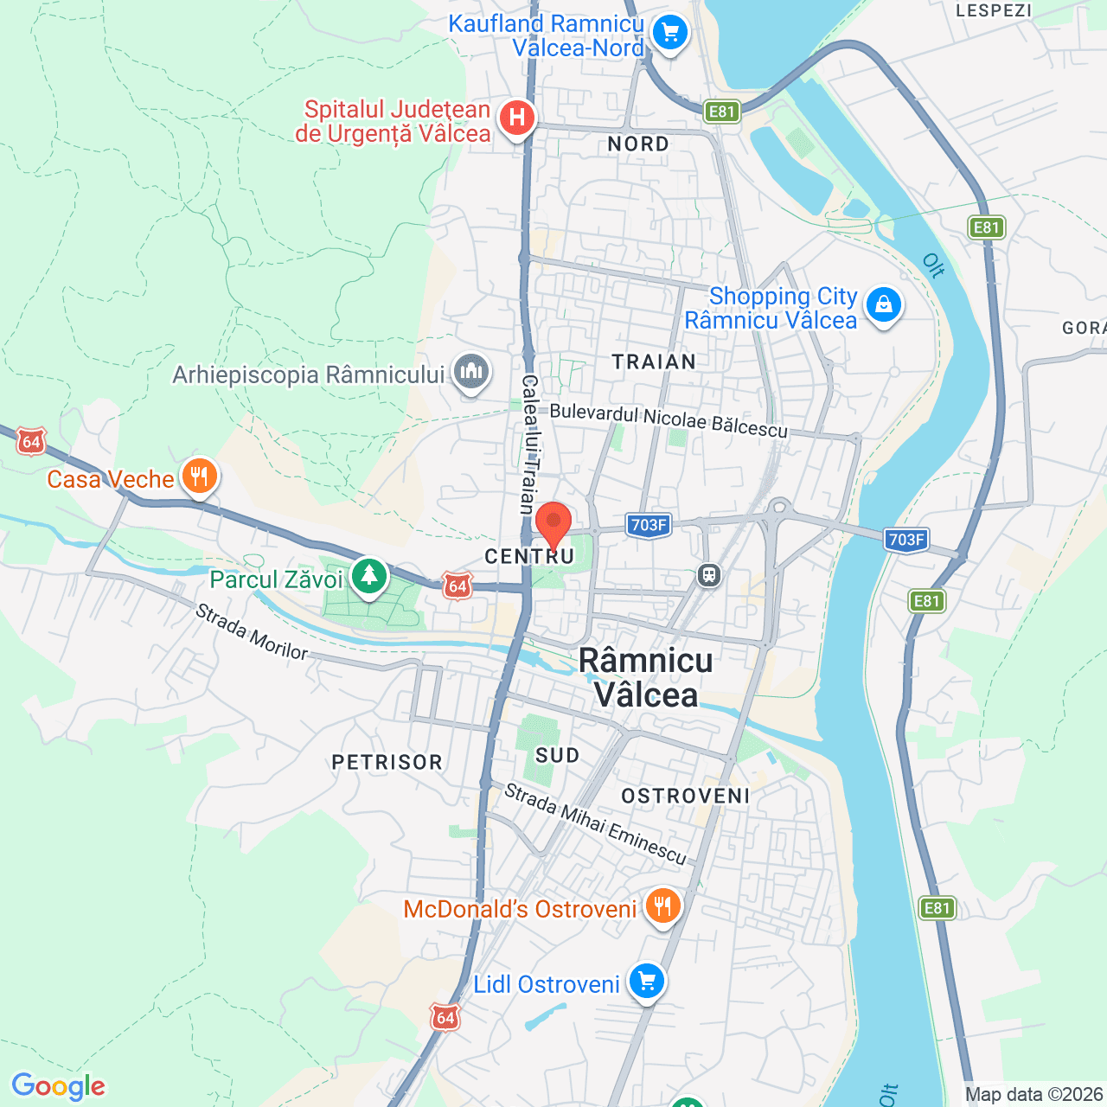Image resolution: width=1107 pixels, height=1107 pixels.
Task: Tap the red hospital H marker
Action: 517,117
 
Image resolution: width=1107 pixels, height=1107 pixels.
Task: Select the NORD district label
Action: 638,144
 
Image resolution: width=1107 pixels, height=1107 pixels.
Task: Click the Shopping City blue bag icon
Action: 883,305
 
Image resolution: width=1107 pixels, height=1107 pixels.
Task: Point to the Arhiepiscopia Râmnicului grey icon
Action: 471,372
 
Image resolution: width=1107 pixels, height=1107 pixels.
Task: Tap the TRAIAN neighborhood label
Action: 654,362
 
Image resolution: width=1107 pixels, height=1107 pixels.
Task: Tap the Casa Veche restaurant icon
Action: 200,477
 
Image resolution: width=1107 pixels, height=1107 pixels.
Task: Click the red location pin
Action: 553,523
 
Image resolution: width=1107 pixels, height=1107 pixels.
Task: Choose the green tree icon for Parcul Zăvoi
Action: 369,576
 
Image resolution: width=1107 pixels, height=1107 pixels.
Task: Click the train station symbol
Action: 709,575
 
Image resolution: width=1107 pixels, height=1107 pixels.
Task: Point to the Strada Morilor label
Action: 251,632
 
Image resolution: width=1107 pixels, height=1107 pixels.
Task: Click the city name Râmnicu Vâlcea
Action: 646,677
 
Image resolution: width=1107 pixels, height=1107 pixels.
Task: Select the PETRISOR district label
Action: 387,762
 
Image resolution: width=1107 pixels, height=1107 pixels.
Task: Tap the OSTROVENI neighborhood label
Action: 686,796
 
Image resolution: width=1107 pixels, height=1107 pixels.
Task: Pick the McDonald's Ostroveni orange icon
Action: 662,907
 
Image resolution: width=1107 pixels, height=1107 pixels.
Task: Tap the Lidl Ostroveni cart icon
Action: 647,982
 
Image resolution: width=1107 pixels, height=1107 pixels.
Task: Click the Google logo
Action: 59,1086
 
